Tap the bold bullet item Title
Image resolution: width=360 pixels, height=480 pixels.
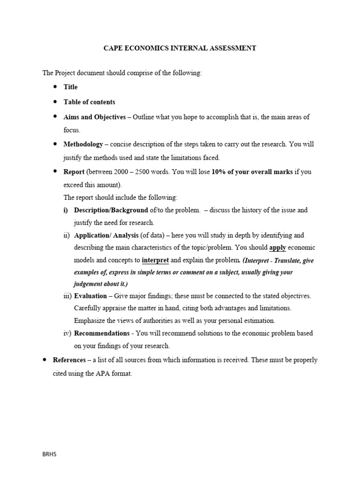70,87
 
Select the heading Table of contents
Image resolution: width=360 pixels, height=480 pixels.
89,102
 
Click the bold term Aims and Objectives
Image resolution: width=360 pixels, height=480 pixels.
94,117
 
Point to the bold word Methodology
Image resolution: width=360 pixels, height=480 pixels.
83,145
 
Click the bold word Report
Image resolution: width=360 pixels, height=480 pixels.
74,172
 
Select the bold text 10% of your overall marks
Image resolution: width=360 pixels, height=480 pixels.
252,172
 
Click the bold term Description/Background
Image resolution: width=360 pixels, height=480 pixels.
111,210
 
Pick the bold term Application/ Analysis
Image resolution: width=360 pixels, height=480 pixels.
105,235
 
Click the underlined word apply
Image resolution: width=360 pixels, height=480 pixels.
277,247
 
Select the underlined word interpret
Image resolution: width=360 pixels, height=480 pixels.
155,260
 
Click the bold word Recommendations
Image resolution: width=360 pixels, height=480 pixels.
102,333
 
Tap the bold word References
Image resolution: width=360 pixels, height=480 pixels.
69,360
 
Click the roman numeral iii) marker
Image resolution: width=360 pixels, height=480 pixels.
67,296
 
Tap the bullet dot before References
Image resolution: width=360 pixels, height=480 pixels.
44,360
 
